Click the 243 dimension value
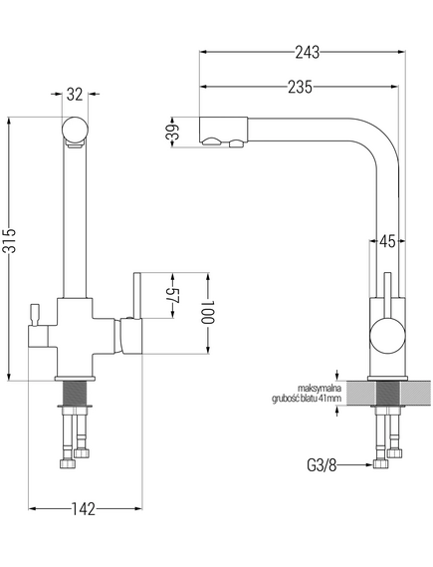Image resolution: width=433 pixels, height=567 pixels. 308,53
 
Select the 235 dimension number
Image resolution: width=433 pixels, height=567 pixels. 300,87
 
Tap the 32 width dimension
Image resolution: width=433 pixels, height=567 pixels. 75,94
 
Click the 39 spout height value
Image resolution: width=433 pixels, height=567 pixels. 172,133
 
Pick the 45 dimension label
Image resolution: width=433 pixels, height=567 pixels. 387,241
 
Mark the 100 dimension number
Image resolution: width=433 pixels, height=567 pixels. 208,312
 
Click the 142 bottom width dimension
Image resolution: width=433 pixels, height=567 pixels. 83,509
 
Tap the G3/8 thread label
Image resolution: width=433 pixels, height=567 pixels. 322,465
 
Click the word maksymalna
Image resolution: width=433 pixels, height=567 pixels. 320,389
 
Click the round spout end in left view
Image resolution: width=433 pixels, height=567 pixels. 75,130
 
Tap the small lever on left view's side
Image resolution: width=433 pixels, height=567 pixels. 34,314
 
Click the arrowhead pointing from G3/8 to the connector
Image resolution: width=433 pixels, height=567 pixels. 368,464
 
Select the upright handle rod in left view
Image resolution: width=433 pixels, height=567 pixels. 137,295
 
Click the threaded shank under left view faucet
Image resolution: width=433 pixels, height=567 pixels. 75,393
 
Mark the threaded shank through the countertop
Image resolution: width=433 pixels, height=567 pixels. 388,393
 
